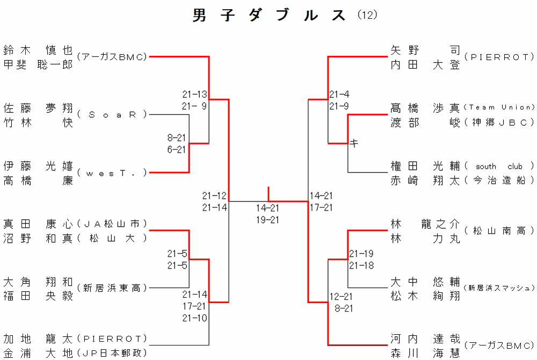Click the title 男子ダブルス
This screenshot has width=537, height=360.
tap(270, 16)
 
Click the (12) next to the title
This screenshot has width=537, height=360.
tap(368, 16)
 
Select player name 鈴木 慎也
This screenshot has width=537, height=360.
tap(38, 51)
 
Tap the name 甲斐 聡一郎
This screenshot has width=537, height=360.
tap(38, 64)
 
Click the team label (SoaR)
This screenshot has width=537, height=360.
tap(112, 114)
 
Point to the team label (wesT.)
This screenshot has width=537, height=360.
tap(112, 172)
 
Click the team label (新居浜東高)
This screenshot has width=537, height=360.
tap(112, 288)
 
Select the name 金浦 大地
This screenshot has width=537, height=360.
tap(38, 353)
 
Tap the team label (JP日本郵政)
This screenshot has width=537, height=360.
tap(112, 353)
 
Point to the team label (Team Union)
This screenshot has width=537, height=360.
tap(499, 107)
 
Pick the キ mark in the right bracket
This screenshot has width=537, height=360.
tap(354, 143)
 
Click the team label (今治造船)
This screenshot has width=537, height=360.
tap(499, 181)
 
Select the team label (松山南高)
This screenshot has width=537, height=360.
tap(499, 231)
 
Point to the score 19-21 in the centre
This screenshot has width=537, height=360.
tap(267, 219)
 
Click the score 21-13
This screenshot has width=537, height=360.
tap(194, 94)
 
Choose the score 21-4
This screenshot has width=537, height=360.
tap(339, 94)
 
